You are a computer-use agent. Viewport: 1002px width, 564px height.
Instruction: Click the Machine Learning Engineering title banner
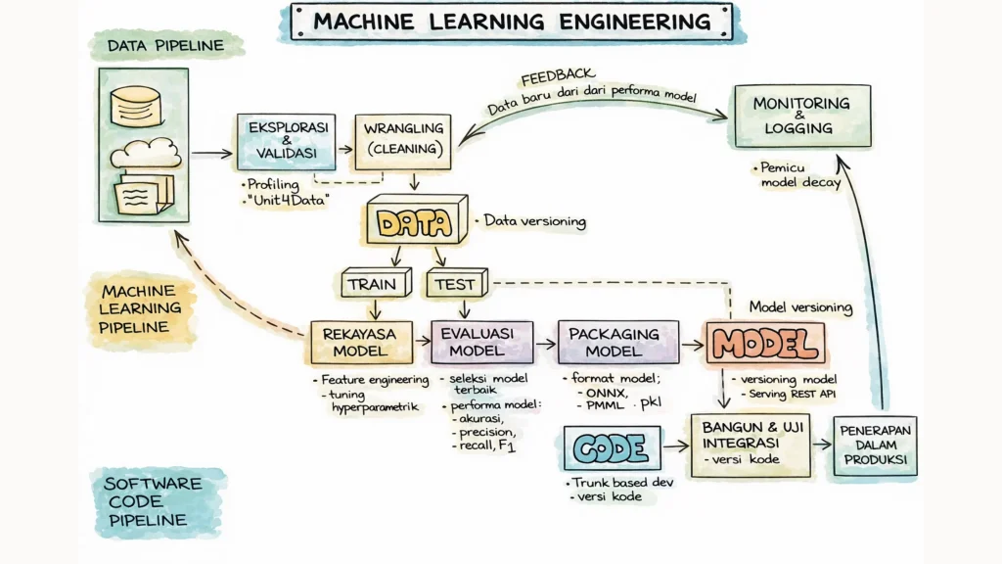point(512,23)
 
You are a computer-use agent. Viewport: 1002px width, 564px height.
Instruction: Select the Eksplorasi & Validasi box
point(287,143)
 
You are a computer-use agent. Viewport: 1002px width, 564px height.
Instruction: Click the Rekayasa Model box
point(359,343)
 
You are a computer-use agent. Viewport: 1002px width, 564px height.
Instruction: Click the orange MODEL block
point(765,344)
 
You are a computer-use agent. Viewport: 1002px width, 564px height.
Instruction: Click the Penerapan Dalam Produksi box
point(874,446)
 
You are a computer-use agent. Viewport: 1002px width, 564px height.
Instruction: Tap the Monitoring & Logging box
point(800,116)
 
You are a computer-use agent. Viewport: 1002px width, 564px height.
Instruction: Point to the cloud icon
point(145,154)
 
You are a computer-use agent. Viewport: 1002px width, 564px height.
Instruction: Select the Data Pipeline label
point(165,45)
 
